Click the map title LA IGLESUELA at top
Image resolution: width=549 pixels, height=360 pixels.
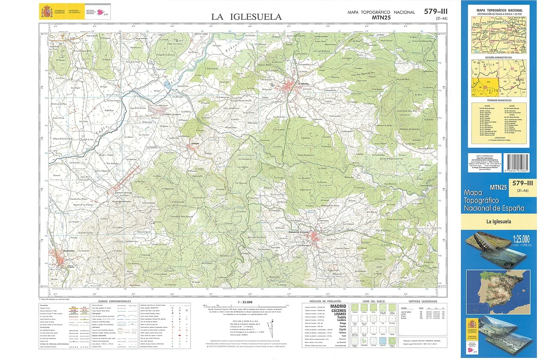[x=246, y=17]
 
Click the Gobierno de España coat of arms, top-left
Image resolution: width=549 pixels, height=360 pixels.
[x=46, y=11]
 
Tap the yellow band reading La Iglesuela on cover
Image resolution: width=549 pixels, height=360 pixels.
[x=498, y=222]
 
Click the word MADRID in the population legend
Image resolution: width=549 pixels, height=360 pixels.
[x=338, y=307]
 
